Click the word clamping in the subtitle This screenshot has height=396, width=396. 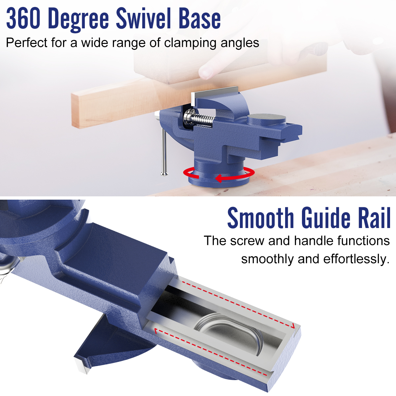pyautogui.click(x=190, y=43)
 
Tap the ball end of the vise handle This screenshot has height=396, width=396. pyautogui.click(x=164, y=174)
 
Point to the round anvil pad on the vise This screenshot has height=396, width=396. pyautogui.click(x=267, y=119)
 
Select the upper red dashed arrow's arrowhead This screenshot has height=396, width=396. pyautogui.click(x=293, y=326)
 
